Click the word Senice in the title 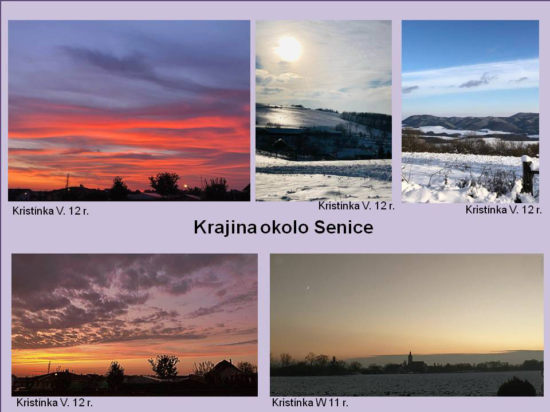pyautogui.click(x=343, y=227)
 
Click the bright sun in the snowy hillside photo pyautogui.click(x=289, y=49)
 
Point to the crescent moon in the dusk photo pyautogui.click(x=308, y=288)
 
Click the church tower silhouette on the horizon pyautogui.click(x=410, y=359)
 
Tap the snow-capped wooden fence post pyautogui.click(x=528, y=175)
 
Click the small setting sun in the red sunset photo pyautogui.click(x=186, y=186)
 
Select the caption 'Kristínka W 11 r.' pyautogui.click(x=310, y=402)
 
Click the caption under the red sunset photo pyautogui.click(x=50, y=211)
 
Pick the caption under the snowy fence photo pyautogui.click(x=504, y=209)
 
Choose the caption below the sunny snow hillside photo pyautogui.click(x=356, y=206)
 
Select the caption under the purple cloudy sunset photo pyautogui.click(x=55, y=402)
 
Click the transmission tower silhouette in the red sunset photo pyautogui.click(x=68, y=181)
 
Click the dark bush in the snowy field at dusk pyautogui.click(x=516, y=387)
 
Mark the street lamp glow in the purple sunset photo pyautogui.click(x=56, y=374)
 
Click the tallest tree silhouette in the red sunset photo pyautogui.click(x=164, y=183)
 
